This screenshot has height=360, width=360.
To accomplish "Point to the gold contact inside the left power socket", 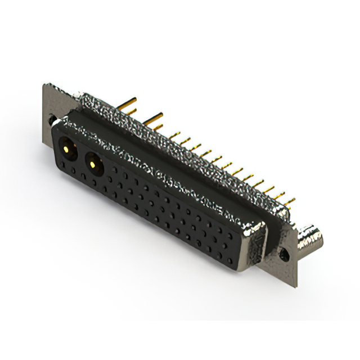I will click(67, 150).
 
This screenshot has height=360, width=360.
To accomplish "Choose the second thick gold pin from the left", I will click(153, 117).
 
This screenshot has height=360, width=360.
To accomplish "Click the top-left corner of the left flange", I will click(46, 85).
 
